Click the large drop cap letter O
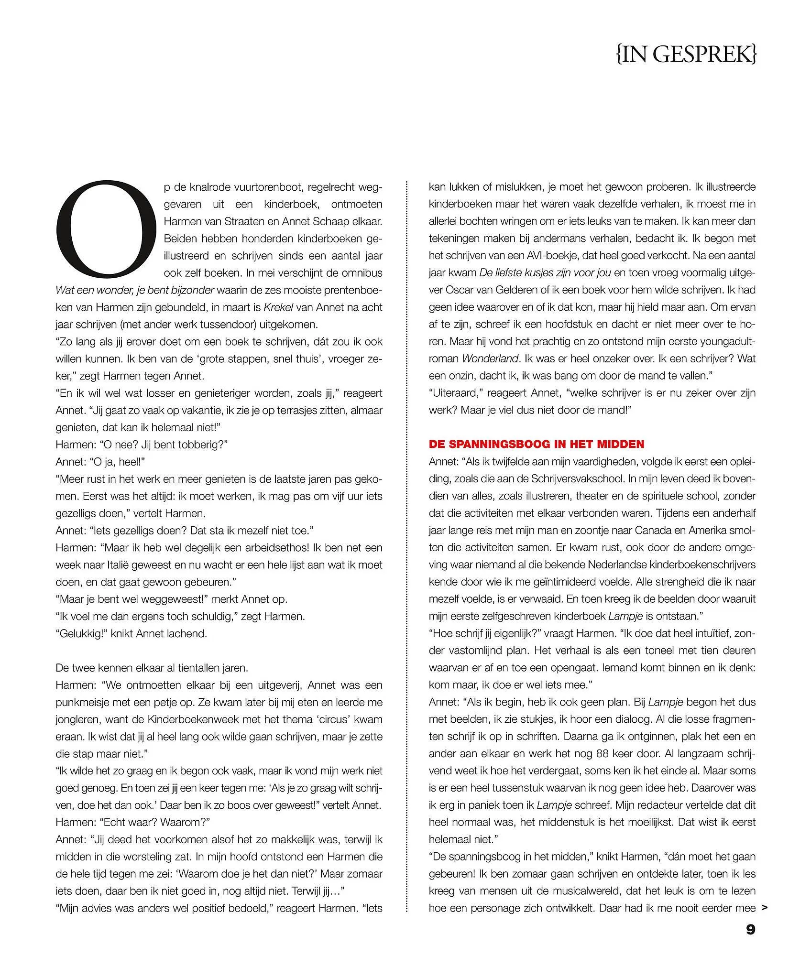tap(106, 230)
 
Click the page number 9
tap(751, 943)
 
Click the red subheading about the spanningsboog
tap(537, 444)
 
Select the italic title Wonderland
tap(490, 358)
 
